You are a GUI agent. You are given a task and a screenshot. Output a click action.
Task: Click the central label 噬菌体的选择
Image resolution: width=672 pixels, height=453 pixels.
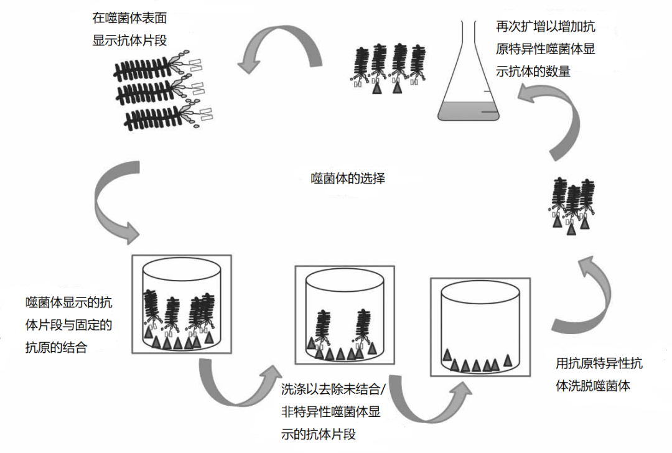point(348,179)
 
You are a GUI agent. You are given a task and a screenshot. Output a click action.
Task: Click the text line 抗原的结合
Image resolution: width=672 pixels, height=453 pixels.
point(58,347)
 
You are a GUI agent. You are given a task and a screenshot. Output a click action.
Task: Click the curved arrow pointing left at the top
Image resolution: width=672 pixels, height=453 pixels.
point(278,50)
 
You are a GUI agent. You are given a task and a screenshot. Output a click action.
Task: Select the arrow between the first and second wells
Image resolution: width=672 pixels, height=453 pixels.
point(236,386)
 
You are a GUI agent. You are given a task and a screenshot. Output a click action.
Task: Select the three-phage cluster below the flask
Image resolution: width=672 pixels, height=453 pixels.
point(572,205)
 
